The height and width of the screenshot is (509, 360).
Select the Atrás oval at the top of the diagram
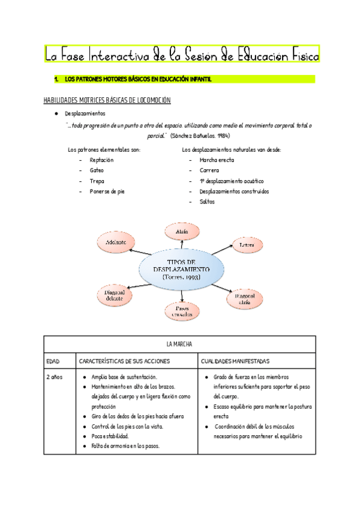point(183,231)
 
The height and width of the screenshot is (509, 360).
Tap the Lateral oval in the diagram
point(247,245)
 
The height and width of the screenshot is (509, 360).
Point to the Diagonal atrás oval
point(245,298)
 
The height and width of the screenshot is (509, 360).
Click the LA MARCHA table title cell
point(179,345)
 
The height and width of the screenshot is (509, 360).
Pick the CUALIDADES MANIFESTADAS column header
point(236,361)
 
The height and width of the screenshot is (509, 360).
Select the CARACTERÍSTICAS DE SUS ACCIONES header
point(125,361)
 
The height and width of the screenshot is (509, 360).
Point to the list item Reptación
point(101,160)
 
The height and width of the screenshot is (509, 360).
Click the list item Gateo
point(97,170)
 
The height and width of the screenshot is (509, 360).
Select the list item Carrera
point(209,170)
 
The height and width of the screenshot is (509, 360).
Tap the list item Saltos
point(207,202)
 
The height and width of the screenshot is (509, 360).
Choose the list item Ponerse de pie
point(107,191)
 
